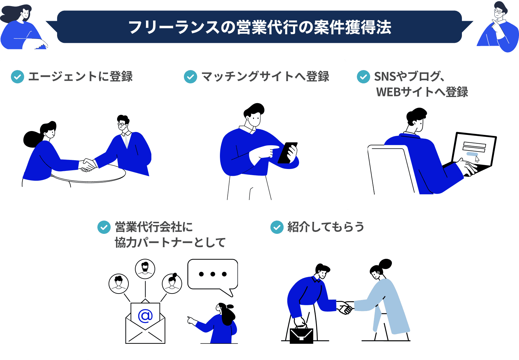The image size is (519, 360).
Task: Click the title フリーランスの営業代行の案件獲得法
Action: tap(260, 27)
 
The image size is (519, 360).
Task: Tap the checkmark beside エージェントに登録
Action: tap(18, 77)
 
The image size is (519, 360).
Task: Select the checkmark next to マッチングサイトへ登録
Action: tap(190, 77)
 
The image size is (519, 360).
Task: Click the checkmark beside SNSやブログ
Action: tap(363, 77)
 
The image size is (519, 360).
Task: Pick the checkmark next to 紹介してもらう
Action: tap(277, 227)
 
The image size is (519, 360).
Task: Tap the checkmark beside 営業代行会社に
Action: tap(104, 227)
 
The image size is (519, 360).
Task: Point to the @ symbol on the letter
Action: tap(145, 316)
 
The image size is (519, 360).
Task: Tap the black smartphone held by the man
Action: tap(287, 153)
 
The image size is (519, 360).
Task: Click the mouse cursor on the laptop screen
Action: tap(477, 159)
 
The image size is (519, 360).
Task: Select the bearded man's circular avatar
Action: tap(145, 269)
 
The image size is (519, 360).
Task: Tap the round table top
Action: tap(88, 174)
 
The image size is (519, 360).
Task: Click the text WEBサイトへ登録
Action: tap(422, 92)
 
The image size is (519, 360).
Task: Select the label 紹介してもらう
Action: tap(326, 227)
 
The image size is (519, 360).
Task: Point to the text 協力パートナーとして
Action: tap(170, 243)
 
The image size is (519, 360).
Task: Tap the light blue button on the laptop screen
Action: tap(472, 154)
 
